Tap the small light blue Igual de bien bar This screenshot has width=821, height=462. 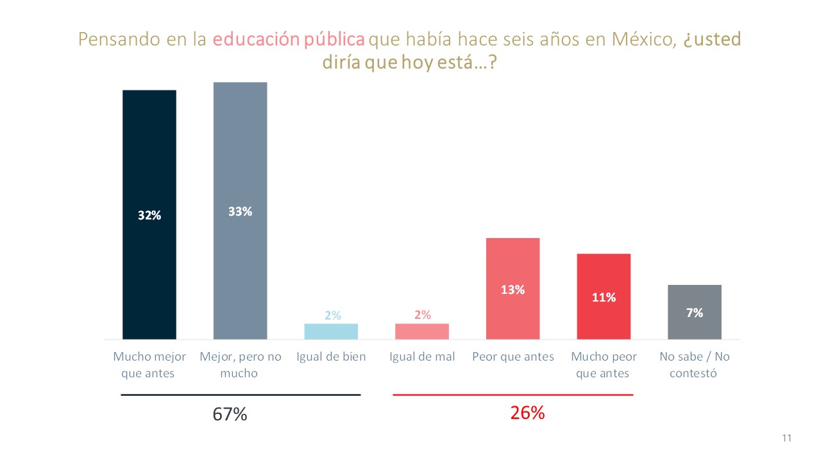tap(331, 331)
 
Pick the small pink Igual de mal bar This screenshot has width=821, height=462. tap(422, 331)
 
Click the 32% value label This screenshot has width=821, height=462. tap(149, 216)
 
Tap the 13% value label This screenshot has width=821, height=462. tap(512, 289)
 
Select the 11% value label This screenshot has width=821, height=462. tap(604, 297)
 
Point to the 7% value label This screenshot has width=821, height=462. tap(695, 312)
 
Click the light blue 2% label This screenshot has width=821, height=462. tap(332, 315)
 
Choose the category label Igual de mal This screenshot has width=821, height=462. tap(422, 357)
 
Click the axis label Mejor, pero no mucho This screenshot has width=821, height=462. tap(240, 364)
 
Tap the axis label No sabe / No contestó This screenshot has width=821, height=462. tap(695, 364)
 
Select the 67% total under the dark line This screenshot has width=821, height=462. tap(230, 414)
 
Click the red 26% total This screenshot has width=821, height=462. tap(527, 413)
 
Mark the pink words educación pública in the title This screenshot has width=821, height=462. tap(289, 39)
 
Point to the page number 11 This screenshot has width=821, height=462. tap(787, 438)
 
